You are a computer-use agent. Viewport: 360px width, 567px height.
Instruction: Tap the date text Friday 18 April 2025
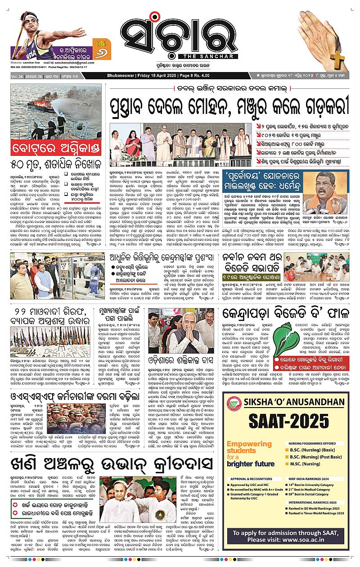point(163,75)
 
